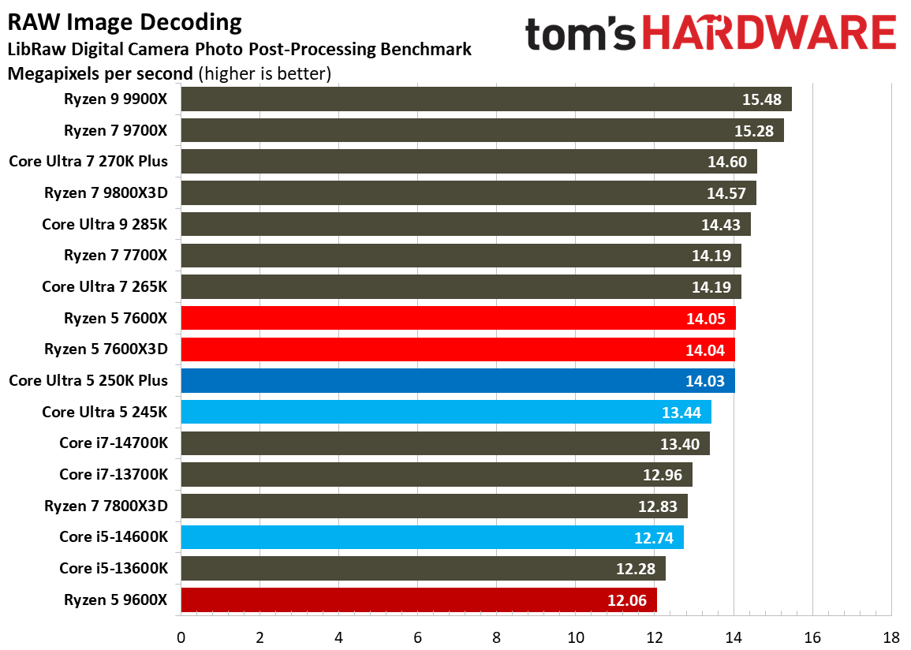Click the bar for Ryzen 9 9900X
486,99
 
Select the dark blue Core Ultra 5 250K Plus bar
457,380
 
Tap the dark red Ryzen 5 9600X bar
419,600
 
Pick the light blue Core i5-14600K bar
432,537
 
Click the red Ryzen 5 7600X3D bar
457,349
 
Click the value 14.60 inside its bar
727,162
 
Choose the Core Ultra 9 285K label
105,224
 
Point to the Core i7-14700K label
114,443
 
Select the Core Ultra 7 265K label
105,286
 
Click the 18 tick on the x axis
891,637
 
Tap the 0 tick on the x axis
181,637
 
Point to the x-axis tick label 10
576,637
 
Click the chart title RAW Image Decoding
125,23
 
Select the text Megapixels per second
100,74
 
